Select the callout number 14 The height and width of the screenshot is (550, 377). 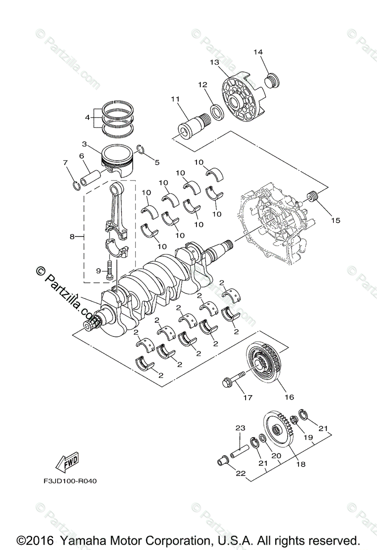(x=258, y=52)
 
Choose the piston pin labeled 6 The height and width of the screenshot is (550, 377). (x=93, y=177)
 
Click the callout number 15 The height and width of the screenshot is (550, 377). (x=335, y=220)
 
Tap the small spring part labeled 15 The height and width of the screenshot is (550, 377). (x=314, y=198)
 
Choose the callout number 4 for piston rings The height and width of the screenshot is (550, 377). (x=87, y=117)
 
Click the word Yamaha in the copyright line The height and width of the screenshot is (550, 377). (x=94, y=539)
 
